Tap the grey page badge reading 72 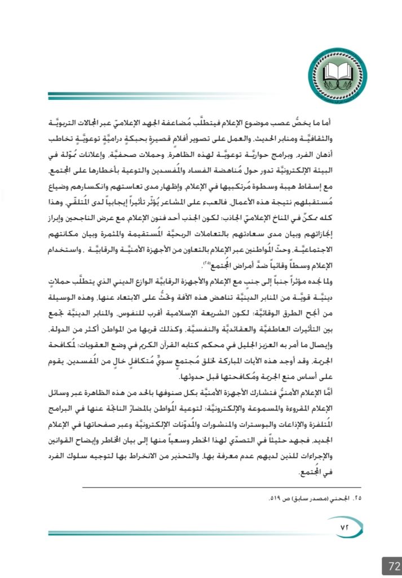391,565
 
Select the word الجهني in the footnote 339,499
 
